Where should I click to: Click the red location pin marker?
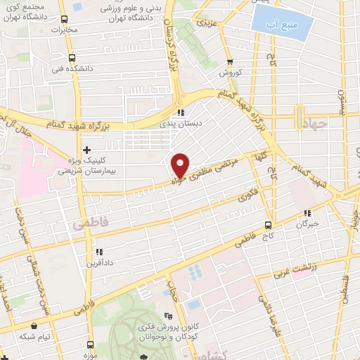(181, 165)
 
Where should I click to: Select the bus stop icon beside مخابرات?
(64, 20)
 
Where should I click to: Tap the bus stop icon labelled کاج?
(267, 225)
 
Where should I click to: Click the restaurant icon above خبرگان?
(307, 213)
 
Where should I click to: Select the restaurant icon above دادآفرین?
(98, 251)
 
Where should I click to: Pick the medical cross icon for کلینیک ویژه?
(86, 150)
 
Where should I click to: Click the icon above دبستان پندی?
(181, 112)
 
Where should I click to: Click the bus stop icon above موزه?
(90, 345)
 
